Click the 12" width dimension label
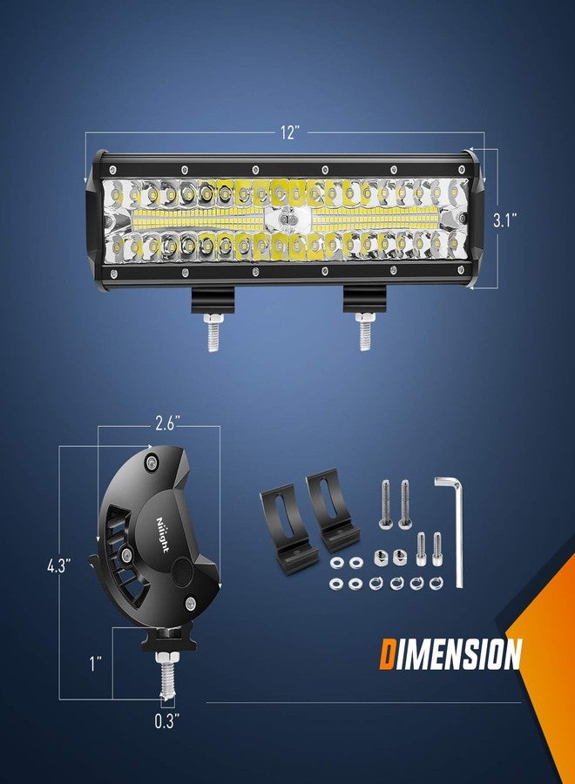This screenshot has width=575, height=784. tap(290, 132)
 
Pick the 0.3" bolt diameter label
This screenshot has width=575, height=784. tap(164, 721)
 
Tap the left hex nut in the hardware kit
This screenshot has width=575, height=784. tap(381, 558)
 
